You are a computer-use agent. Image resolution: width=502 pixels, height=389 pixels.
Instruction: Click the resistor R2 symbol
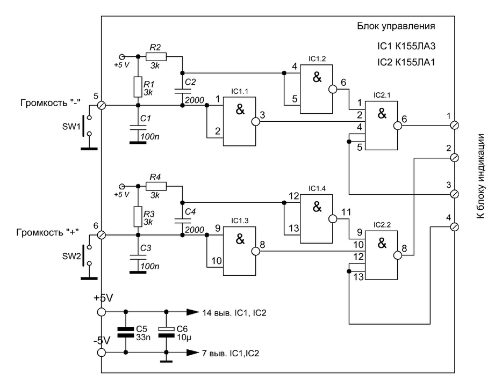tap(156, 57)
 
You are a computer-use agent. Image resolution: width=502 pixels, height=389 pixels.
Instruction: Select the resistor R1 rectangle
tap(138, 87)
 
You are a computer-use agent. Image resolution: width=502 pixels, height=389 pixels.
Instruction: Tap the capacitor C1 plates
tap(138, 128)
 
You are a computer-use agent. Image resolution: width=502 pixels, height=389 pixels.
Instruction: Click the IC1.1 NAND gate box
tap(240, 121)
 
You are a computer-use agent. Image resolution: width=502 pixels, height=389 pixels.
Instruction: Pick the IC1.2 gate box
tap(317, 89)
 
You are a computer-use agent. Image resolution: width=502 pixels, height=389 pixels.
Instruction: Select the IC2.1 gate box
tap(382, 126)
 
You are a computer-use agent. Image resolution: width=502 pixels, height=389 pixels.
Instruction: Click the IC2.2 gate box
tap(382, 255)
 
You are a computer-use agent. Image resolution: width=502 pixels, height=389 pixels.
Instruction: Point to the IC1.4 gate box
tap(317, 218)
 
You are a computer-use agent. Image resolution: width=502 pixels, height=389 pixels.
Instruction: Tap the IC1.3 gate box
tap(240, 251)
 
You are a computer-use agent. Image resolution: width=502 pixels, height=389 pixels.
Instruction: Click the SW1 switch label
tap(71, 127)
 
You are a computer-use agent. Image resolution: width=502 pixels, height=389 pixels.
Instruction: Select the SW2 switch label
tap(71, 256)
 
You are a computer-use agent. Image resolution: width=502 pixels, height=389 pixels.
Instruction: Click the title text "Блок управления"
tap(396, 26)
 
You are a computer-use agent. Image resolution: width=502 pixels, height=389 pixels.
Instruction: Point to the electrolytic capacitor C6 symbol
tap(166, 332)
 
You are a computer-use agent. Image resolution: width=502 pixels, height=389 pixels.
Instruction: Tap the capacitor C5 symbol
tap(126, 332)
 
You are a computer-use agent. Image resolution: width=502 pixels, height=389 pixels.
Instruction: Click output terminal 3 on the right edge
tap(454, 194)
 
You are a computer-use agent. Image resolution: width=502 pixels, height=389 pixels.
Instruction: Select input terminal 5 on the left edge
tap(101, 105)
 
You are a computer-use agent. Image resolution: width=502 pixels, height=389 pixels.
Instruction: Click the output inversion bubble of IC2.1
tap(398, 126)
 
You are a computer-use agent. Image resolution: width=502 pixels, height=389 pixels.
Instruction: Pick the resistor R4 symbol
tap(156, 186)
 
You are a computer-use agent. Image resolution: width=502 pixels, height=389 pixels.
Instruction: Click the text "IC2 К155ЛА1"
tap(406, 62)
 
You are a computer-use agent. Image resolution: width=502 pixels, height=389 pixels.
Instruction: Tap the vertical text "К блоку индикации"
tap(481, 176)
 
